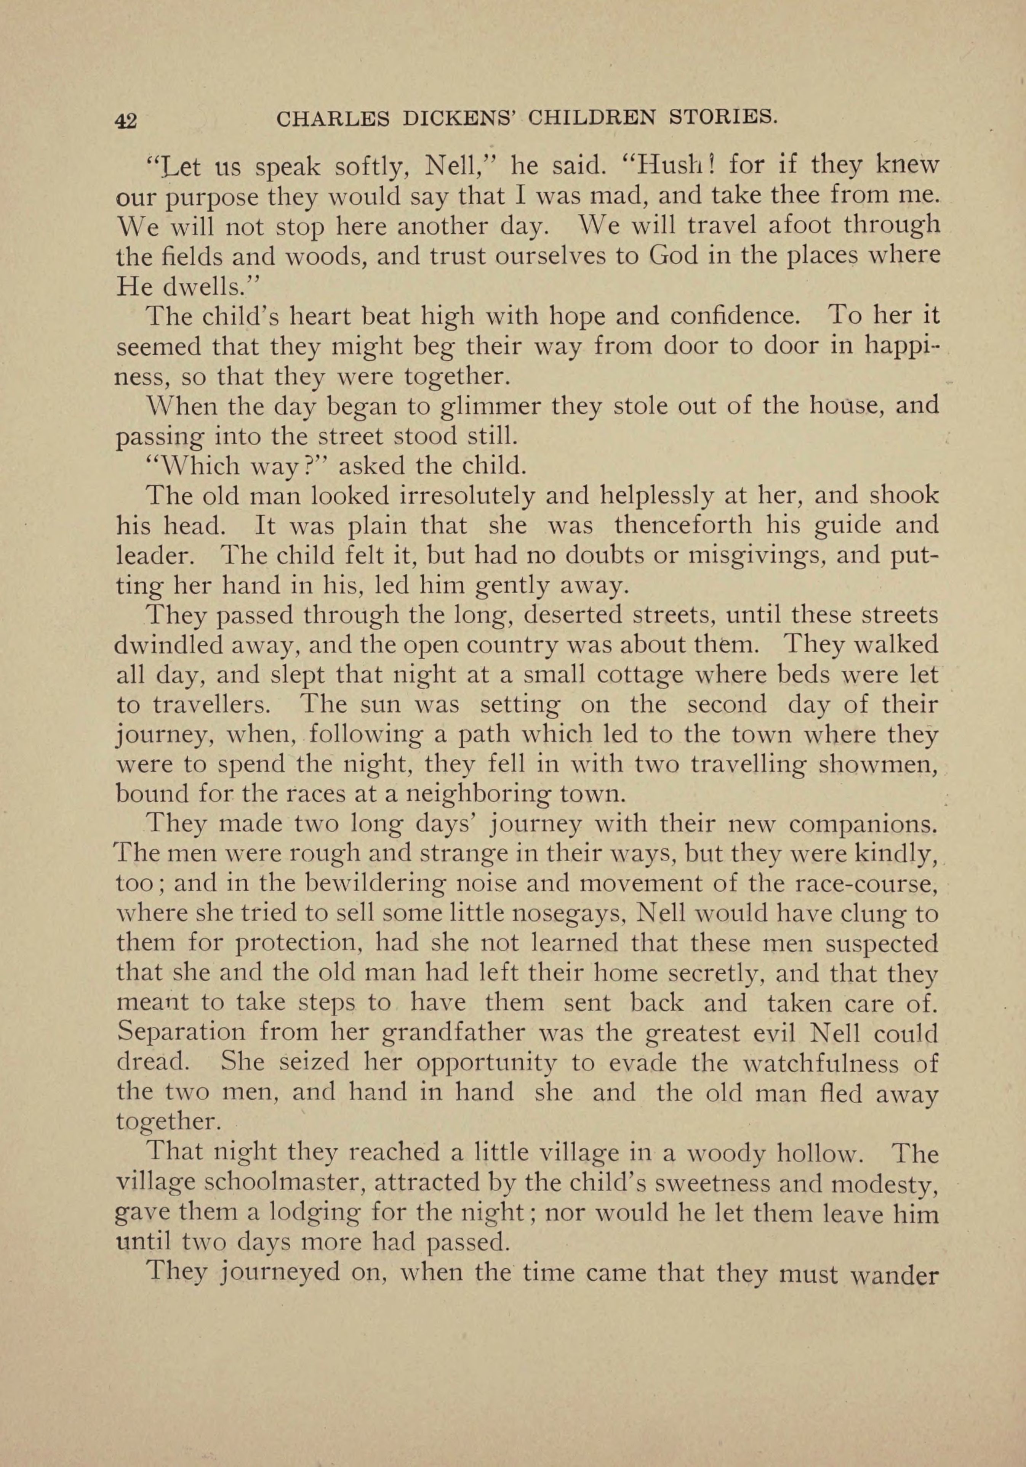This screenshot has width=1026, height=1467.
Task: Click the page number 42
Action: tap(125, 120)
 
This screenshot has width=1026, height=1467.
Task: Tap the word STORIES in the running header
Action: tap(720, 117)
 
